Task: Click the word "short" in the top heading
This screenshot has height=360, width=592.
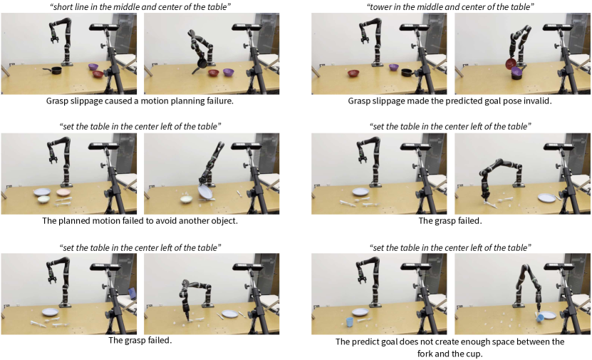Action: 62,7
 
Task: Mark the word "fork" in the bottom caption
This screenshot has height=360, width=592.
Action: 425,354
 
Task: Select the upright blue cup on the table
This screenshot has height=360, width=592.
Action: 350,322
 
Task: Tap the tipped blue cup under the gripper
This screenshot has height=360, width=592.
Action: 540,318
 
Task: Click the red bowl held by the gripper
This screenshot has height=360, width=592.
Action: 511,63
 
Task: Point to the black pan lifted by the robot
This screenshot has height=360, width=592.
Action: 200,64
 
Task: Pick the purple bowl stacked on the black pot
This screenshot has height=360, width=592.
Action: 516,72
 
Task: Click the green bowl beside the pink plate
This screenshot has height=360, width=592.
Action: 44,199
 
